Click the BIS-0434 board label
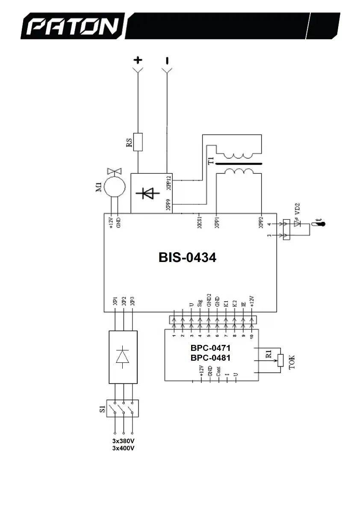(187, 258)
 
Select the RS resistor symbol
(138, 142)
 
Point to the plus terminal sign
(138, 59)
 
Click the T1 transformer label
(210, 161)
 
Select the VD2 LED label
(298, 209)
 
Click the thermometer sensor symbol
(317, 225)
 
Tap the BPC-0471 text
(210, 348)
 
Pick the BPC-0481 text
(210, 358)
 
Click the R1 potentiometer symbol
(280, 360)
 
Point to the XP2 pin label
(124, 301)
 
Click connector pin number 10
(252, 336)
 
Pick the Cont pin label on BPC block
(218, 371)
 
